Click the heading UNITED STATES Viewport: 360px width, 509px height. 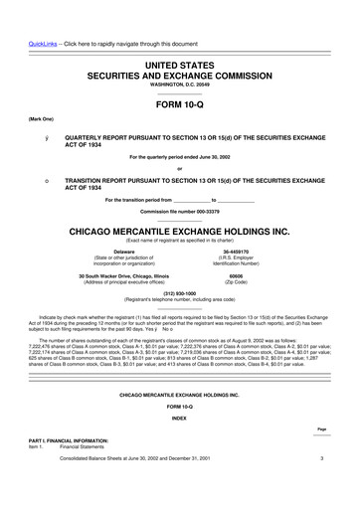(x=180, y=63)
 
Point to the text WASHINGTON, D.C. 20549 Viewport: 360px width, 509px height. (x=180, y=86)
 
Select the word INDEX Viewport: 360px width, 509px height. (x=180, y=418)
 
